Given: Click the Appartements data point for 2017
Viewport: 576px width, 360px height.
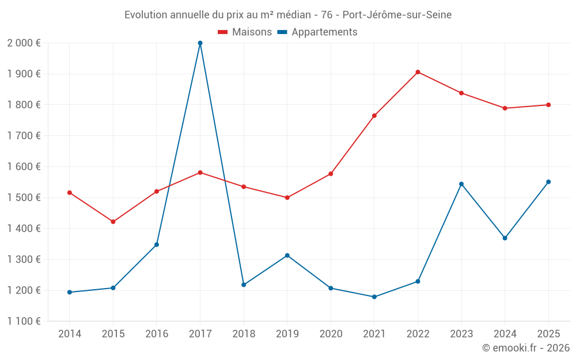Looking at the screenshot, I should pyautogui.click(x=200, y=43).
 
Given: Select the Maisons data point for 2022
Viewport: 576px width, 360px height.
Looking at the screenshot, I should pyautogui.click(x=418, y=72).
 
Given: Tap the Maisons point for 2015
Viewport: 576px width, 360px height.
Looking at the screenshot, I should pyautogui.click(x=113, y=222).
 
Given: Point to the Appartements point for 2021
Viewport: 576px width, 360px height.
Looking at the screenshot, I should pyautogui.click(x=374, y=297).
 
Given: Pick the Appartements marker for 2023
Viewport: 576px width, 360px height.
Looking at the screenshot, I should pyautogui.click(x=461, y=184).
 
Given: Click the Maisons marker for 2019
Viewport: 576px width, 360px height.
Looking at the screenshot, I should pyautogui.click(x=287, y=198).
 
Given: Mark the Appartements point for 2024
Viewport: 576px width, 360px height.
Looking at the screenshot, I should pyautogui.click(x=505, y=238).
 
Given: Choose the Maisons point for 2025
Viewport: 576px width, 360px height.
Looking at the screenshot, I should pyautogui.click(x=548, y=105).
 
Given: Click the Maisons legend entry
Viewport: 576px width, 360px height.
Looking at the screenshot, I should pyautogui.click(x=245, y=32).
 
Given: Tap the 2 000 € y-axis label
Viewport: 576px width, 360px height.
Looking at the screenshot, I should pyautogui.click(x=24, y=43).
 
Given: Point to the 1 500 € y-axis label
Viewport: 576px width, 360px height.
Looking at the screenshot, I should pyautogui.click(x=24, y=198).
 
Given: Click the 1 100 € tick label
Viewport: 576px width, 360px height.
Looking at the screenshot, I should pyautogui.click(x=24, y=321).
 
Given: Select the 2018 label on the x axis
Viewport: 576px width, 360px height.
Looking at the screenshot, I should pyautogui.click(x=244, y=334).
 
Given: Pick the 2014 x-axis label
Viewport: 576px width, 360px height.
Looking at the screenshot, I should pyautogui.click(x=70, y=334).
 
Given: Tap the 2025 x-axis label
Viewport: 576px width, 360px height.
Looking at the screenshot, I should pyautogui.click(x=548, y=334).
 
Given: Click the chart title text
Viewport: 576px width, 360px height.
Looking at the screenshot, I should pyautogui.click(x=288, y=15).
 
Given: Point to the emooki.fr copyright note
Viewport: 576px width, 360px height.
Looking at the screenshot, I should pyautogui.click(x=526, y=348).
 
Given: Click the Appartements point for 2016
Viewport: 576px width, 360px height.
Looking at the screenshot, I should pyautogui.click(x=157, y=245).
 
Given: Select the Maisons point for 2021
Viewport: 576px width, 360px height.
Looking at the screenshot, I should pyautogui.click(x=374, y=116).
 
